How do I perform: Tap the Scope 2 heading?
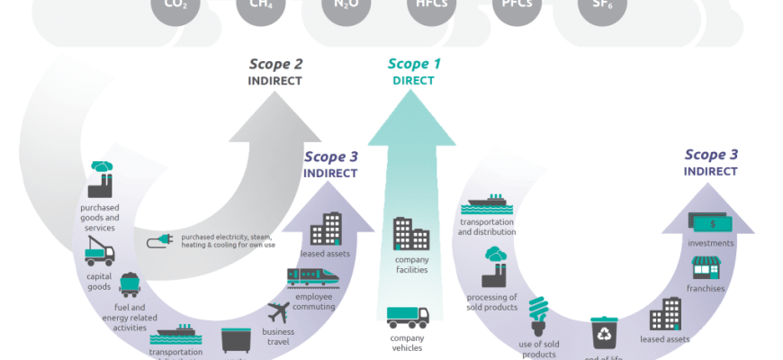tap(275, 64)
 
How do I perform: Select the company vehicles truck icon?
tap(408, 318)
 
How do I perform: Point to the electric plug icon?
tap(159, 240)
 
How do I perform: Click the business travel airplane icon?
tap(279, 313)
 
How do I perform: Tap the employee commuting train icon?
tap(313, 277)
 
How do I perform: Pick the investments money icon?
tap(709, 220)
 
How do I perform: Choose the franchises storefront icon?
tap(705, 267)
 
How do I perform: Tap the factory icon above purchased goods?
tap(100, 180)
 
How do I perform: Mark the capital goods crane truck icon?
tap(99, 254)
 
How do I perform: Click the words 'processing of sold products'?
tap(491, 301)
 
